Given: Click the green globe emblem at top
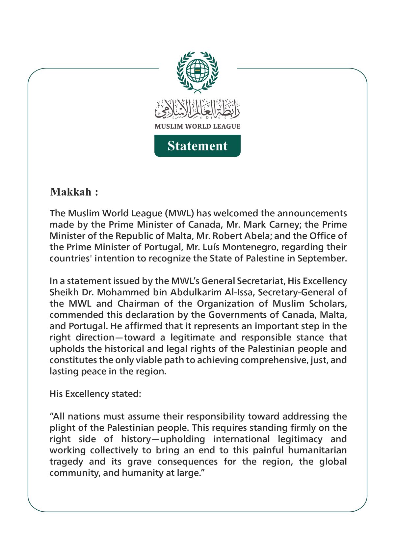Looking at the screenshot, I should [x=197, y=71].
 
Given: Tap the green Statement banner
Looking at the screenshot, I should [x=197, y=146].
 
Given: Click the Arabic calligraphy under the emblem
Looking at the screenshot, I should [x=197, y=110].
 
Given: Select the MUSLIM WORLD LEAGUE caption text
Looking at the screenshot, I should [x=197, y=126].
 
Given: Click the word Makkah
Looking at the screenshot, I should [x=71, y=192].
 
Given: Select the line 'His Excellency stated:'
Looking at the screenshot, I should [x=95, y=394].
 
